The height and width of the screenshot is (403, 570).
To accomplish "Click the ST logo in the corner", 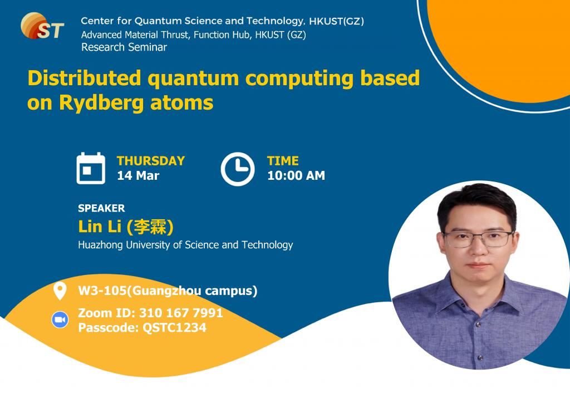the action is pyautogui.click(x=42, y=26).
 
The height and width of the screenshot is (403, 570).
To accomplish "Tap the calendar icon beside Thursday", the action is pyautogui.click(x=91, y=168).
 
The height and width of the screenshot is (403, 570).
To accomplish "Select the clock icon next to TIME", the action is pyautogui.click(x=238, y=169).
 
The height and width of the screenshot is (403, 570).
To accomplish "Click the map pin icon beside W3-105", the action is pyautogui.click(x=60, y=291).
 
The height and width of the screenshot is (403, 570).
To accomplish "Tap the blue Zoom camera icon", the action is pyautogui.click(x=60, y=320).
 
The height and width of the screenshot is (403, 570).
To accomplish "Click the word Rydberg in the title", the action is pyautogui.click(x=101, y=103).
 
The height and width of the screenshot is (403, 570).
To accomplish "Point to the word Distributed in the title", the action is pyautogui.click(x=85, y=78).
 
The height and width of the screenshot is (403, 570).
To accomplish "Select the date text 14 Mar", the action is pyautogui.click(x=138, y=175).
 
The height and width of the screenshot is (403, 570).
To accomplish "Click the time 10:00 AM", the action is pyautogui.click(x=296, y=175).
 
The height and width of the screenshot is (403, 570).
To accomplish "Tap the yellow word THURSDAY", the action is pyautogui.click(x=151, y=161).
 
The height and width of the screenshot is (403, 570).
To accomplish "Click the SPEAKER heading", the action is pyautogui.click(x=101, y=208).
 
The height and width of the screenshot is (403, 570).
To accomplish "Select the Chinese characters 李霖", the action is pyautogui.click(x=150, y=227).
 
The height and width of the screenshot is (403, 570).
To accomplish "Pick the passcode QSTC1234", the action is pyautogui.click(x=174, y=328).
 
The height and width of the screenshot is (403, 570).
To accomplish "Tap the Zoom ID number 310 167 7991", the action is pyautogui.click(x=181, y=313).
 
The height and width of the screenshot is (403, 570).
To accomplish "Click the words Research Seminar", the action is pyautogui.click(x=124, y=47).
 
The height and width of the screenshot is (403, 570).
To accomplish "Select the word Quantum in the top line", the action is pyautogui.click(x=158, y=21).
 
